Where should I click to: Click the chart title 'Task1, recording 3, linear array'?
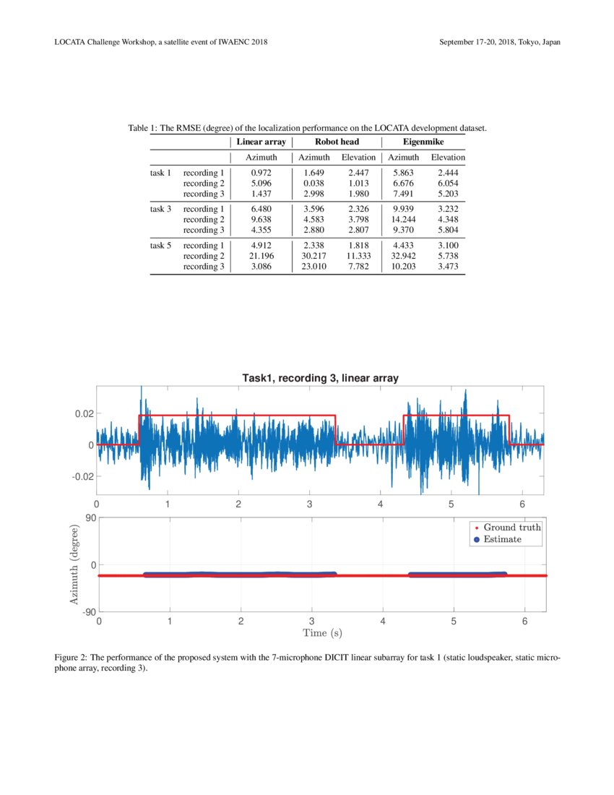(x=320, y=378)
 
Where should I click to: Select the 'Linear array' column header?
(x=261, y=142)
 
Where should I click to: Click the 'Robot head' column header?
(x=337, y=142)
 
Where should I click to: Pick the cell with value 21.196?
(x=261, y=256)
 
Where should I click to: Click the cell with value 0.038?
(x=314, y=184)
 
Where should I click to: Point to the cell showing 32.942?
(x=403, y=256)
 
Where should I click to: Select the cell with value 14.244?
(x=403, y=220)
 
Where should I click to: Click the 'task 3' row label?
(x=160, y=209)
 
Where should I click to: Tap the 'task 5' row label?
(x=160, y=246)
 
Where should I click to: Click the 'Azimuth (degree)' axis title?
(x=73, y=565)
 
